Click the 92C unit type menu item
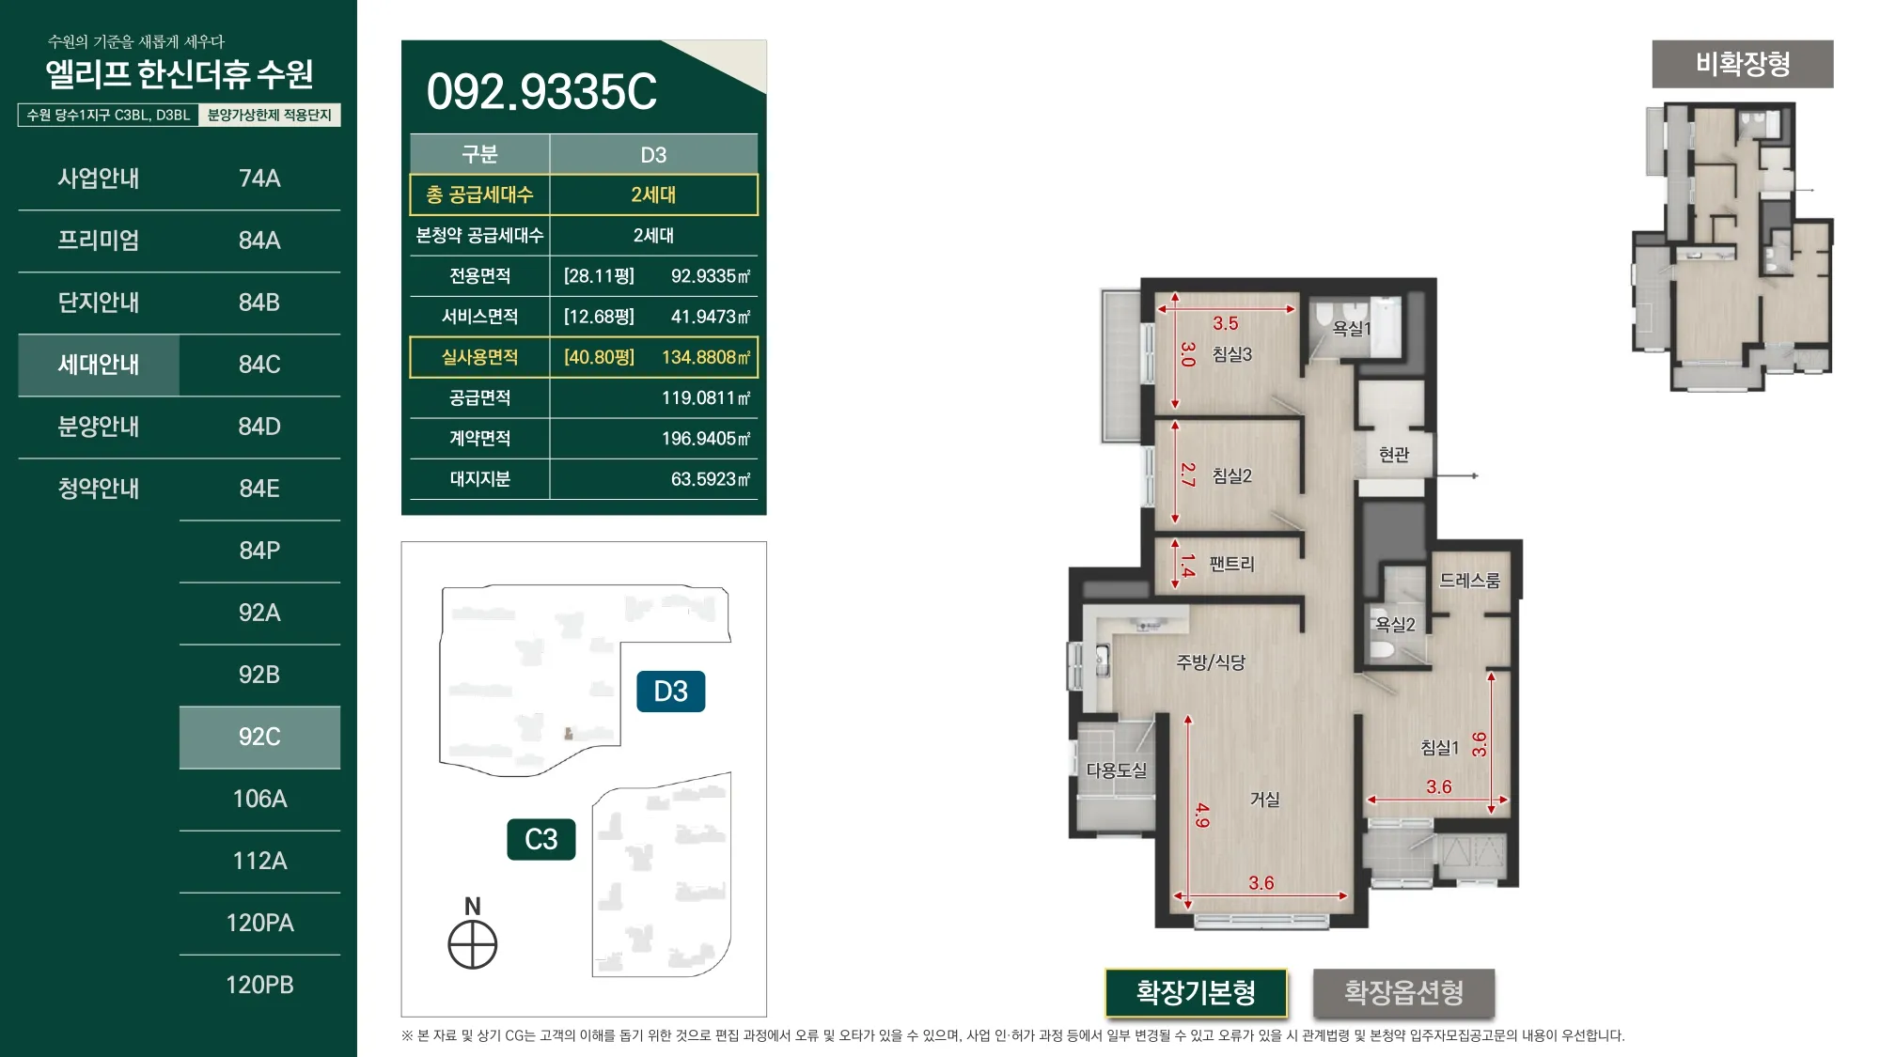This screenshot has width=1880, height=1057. coord(259,737)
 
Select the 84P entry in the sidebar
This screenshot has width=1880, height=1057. coord(259,551)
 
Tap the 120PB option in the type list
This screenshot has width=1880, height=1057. coord(259,985)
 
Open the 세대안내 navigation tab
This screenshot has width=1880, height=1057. coord(99,365)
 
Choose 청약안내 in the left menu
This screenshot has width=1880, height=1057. coord(99,489)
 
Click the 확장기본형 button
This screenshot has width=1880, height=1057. coord(1196,992)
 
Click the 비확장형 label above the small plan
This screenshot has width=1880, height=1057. coord(1743,64)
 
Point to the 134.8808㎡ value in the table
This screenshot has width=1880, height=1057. coord(706,357)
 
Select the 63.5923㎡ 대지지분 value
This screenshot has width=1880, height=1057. coord(711,479)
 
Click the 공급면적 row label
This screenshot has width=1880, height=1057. coord(479,397)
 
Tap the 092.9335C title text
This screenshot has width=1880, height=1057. coord(541,92)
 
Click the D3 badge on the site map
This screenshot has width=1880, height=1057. coord(671,692)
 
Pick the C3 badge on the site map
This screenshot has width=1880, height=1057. coord(541,839)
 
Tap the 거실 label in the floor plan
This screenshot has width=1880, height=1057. coord(1264,800)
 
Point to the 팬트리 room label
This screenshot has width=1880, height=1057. coord(1231,564)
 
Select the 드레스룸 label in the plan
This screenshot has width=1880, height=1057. coord(1469,581)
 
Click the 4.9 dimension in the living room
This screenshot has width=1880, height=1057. coord(1202,815)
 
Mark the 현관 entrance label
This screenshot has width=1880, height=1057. coord(1394,455)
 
